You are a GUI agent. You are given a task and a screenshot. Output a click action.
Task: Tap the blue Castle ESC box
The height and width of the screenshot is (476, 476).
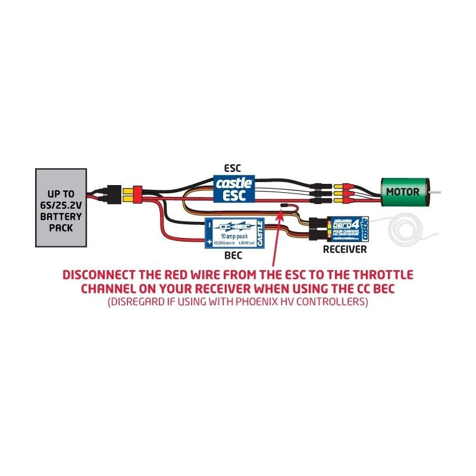235,187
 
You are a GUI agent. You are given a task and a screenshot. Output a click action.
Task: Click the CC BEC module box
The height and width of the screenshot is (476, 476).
235,233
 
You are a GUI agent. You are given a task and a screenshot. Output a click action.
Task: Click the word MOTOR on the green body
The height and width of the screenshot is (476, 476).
403,192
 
